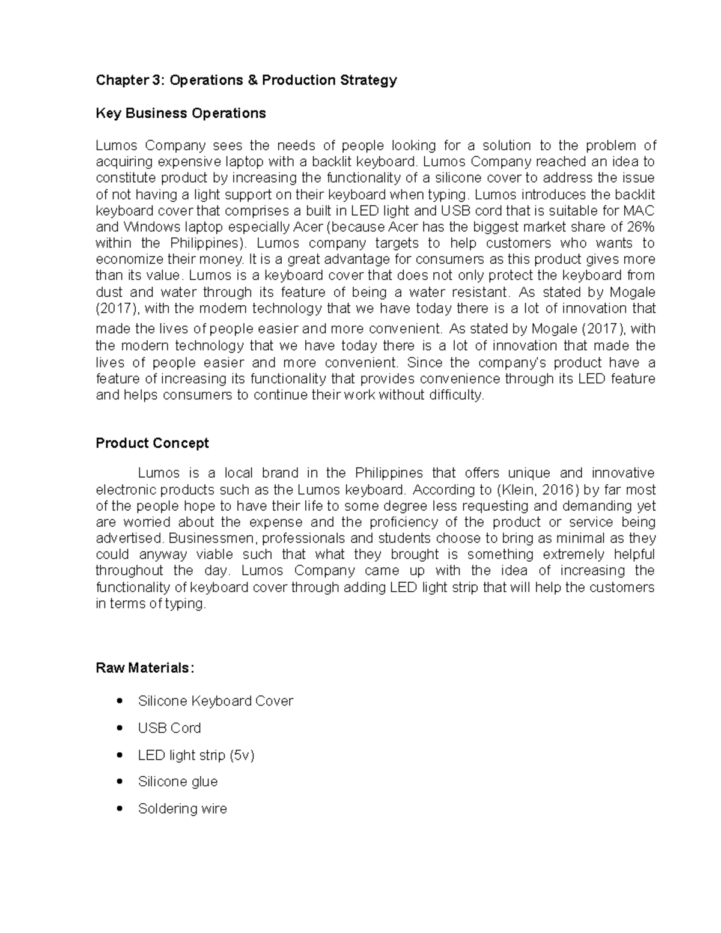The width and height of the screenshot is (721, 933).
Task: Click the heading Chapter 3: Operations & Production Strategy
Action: [246, 81]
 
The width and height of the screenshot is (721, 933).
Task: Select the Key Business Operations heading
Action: [180, 114]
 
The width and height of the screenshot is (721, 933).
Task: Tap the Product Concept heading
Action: [152, 443]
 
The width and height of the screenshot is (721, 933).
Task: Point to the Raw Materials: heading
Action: [145, 668]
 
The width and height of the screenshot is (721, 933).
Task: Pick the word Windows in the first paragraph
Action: [146, 227]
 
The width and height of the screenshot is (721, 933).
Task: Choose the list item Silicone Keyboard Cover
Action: [215, 701]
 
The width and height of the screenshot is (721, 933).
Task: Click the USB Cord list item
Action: [169, 728]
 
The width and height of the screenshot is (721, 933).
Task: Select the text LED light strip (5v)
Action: [196, 755]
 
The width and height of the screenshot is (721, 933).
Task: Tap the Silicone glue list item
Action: [178, 782]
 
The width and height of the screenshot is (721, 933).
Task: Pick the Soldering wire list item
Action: [183, 809]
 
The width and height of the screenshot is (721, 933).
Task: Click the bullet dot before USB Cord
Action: [121, 728]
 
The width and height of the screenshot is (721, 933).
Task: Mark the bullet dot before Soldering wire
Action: [121, 808]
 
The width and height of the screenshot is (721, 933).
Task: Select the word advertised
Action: [130, 538]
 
